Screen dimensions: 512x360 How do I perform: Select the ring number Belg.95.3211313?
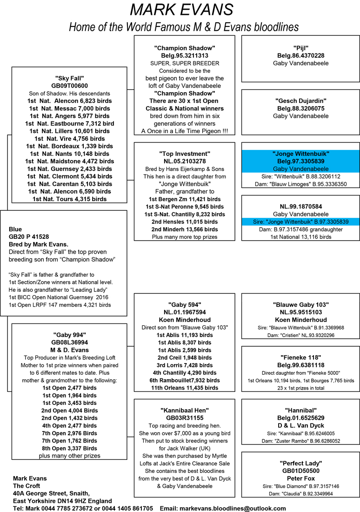coord(184,56)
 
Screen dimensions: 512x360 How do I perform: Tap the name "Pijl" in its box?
coord(301,48)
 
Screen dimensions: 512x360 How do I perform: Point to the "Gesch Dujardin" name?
coord(301,101)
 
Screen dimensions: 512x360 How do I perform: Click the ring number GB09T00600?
coord(69,86)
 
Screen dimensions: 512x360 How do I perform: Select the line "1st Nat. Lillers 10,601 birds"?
coord(69,131)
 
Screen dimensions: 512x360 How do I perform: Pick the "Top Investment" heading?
coord(185,154)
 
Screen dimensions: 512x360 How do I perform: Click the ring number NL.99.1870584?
coord(301,206)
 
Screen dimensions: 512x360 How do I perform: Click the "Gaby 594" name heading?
coord(185,305)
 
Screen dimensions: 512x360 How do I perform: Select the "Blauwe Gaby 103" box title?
coord(301,305)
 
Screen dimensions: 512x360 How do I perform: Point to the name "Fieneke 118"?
coord(301,357)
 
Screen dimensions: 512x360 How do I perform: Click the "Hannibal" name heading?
coord(301,410)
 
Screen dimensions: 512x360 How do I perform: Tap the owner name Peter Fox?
coord(301,478)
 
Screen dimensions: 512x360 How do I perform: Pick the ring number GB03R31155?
coord(185,418)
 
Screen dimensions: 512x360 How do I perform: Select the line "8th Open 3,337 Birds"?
coord(69,448)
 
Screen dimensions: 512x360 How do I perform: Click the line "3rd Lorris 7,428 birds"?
coord(185,365)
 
